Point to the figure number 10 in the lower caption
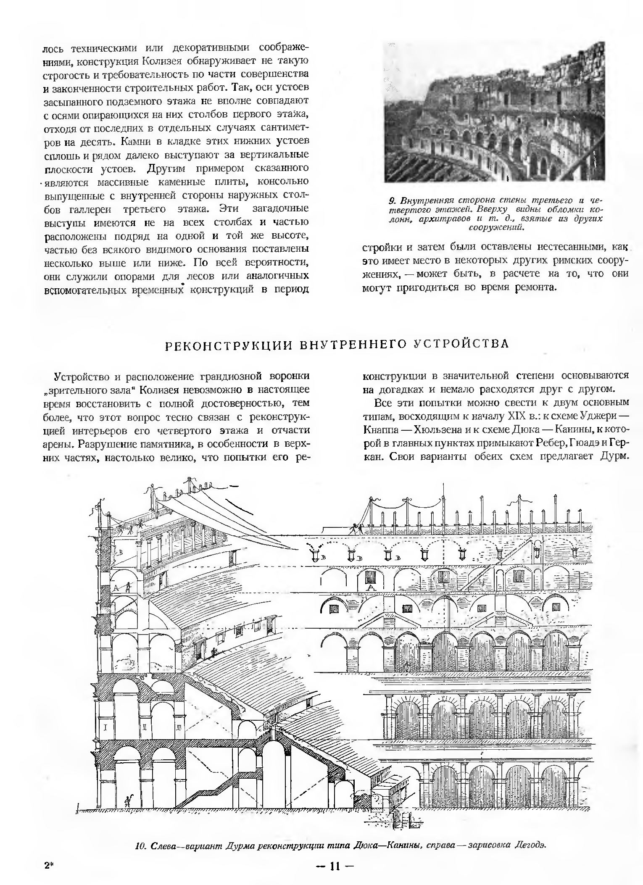[140, 845]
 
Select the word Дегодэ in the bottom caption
[530, 845]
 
